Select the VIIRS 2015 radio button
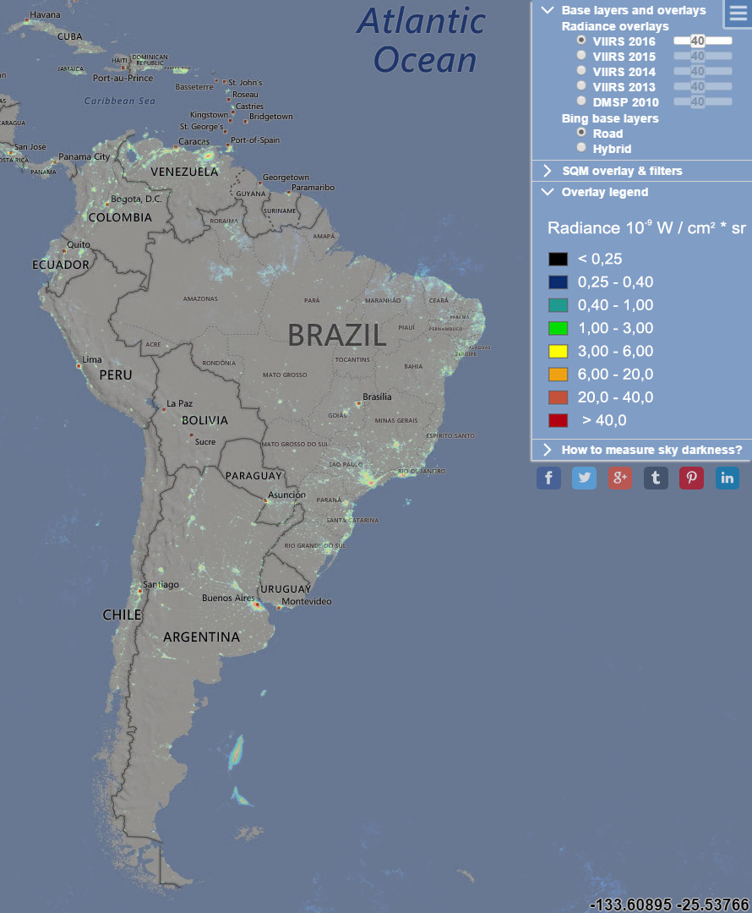(x=581, y=56)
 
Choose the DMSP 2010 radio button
(x=581, y=101)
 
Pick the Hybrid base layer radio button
(x=581, y=147)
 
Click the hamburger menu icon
(x=738, y=14)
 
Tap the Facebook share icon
(x=548, y=478)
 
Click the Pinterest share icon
(x=691, y=478)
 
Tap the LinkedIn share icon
(x=727, y=478)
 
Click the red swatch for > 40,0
(x=558, y=420)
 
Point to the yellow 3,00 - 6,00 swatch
(x=558, y=351)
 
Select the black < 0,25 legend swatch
(x=558, y=259)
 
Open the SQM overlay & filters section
(x=622, y=171)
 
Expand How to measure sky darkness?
(x=651, y=450)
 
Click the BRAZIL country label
(x=337, y=335)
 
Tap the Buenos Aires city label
(x=228, y=598)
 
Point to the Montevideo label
(x=306, y=601)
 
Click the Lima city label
(x=92, y=359)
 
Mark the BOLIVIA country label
(x=204, y=420)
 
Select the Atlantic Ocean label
(x=422, y=41)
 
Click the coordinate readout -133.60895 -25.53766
(x=669, y=905)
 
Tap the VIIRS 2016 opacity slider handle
(x=697, y=41)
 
